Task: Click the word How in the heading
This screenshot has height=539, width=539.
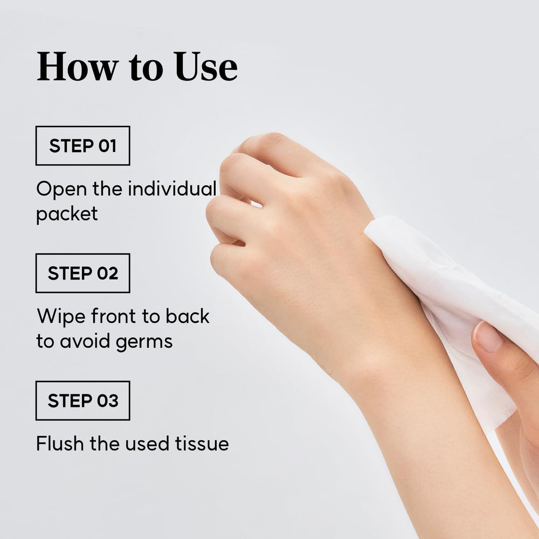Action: tap(78, 66)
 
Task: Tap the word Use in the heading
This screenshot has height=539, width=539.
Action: tap(205, 66)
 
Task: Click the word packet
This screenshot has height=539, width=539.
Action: tap(67, 214)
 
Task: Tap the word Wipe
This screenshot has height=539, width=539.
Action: tap(61, 316)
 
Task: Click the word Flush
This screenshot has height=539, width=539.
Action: tap(60, 443)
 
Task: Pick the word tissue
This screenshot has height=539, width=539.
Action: tap(202, 443)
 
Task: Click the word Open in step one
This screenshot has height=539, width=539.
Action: tap(61, 189)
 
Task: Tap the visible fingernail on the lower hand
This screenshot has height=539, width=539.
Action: tap(487, 336)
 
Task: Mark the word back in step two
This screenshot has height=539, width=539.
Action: tap(188, 316)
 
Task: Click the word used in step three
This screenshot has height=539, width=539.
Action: tap(147, 443)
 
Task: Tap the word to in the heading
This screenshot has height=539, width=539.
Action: tap(146, 69)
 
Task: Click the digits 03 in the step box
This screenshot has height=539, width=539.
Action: tap(108, 401)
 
